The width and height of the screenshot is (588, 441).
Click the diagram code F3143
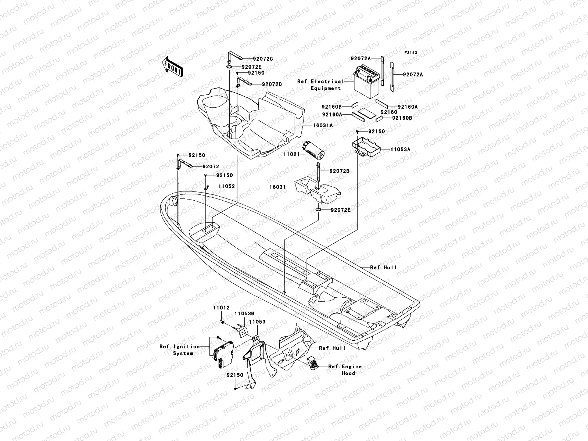tap(411, 53)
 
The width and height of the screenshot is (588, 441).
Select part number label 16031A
tap(323, 125)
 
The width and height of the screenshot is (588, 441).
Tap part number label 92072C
tap(263, 59)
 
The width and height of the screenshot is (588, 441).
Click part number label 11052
tap(226, 187)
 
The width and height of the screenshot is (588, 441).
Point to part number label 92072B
tap(339, 171)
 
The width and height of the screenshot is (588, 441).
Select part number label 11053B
tap(244, 314)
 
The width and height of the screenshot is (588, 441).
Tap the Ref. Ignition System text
tap(180, 350)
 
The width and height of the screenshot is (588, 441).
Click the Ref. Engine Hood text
tap(345, 370)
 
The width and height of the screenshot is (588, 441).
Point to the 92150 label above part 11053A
tap(377, 132)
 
